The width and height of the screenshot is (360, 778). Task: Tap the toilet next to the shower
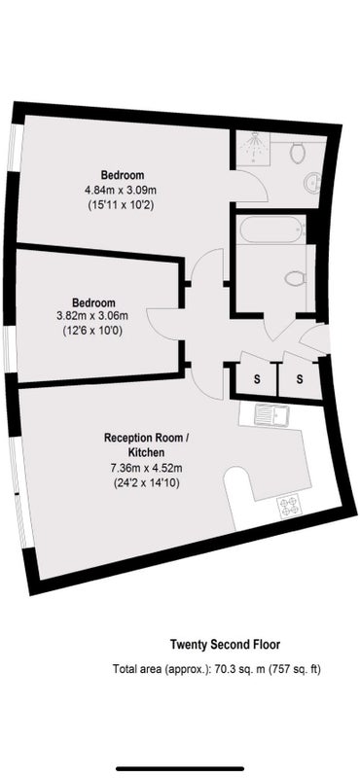298,153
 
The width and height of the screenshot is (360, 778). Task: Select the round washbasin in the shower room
311,182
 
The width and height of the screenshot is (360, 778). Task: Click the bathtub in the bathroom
271,229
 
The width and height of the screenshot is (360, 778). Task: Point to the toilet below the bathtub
294,278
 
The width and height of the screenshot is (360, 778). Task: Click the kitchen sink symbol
270,414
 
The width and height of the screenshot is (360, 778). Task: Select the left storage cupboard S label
257,379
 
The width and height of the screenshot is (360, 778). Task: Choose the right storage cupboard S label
300,379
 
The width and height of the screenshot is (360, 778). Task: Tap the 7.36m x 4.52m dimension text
146,467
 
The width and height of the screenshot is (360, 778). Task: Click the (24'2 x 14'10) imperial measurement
147,481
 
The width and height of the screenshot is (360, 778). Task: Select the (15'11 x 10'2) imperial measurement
122,204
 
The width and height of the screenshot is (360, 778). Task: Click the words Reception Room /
147,439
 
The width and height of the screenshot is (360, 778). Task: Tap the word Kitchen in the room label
147,452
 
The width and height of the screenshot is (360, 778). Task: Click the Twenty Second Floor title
226,645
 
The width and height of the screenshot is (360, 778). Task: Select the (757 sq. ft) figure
295,669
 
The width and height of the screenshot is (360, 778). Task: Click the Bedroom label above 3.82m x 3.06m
93,302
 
